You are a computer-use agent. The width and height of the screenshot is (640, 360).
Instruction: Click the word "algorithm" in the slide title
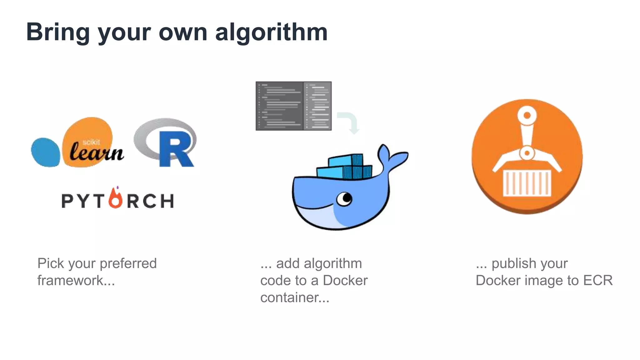pos(271,33)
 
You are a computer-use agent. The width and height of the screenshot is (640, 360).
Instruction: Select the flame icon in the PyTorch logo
pos(116,198)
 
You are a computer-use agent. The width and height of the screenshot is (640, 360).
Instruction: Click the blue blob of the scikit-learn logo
pos(46,152)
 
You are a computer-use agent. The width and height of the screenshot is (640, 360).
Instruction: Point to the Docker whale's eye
pos(345,198)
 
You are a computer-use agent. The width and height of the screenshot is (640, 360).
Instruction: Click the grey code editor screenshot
pos(293,106)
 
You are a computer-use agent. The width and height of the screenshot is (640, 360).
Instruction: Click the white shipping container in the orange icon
pos(527,183)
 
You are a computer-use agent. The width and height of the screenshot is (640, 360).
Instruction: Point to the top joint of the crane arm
pos(527,115)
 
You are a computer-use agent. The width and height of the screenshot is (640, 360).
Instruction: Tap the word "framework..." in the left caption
pos(76,280)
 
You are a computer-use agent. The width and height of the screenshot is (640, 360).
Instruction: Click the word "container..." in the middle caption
pos(295,297)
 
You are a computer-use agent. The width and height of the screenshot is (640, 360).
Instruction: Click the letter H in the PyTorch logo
pos(167,201)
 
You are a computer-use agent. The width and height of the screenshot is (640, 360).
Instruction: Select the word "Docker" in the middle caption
pos(345,280)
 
